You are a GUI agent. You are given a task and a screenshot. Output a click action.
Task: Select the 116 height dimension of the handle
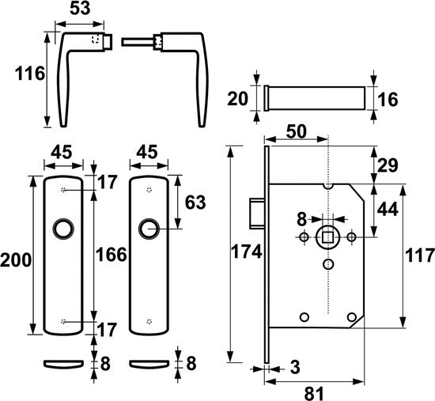24,74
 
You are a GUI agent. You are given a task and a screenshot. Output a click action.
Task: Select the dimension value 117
420,255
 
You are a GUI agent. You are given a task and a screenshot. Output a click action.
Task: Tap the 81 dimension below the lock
315,391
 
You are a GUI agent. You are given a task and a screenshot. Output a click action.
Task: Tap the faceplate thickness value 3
295,368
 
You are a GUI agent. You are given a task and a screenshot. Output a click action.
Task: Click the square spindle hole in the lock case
326,236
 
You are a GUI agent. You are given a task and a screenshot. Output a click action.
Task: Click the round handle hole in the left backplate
62,229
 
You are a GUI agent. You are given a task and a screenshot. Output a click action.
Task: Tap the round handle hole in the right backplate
148,229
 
